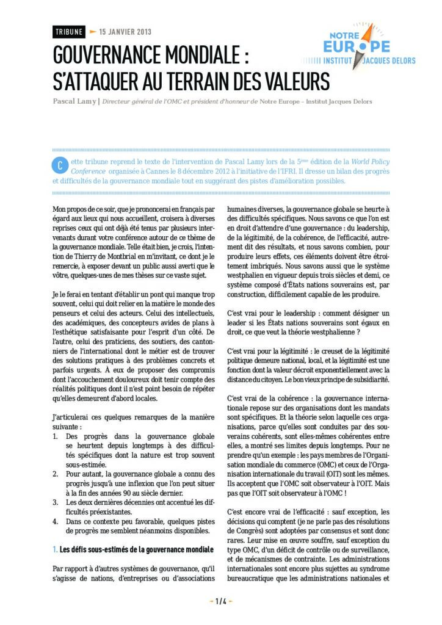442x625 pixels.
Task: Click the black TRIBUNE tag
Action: (x=69, y=32)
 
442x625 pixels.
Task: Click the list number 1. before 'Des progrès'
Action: (x=56, y=437)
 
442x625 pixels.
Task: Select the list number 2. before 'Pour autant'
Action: (x=56, y=474)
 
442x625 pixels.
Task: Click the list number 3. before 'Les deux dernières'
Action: (x=56, y=501)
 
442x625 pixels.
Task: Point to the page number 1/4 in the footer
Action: (x=221, y=601)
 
